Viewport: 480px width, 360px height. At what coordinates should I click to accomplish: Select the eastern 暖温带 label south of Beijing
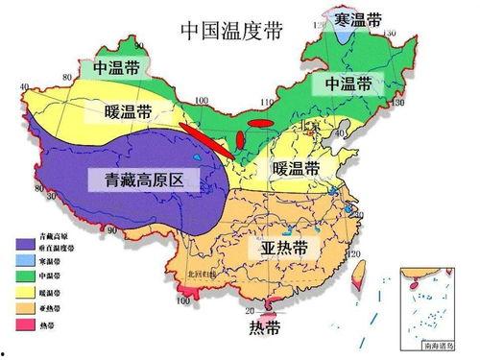point(295,169)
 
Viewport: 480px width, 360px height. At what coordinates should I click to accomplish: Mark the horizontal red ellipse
point(259,123)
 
